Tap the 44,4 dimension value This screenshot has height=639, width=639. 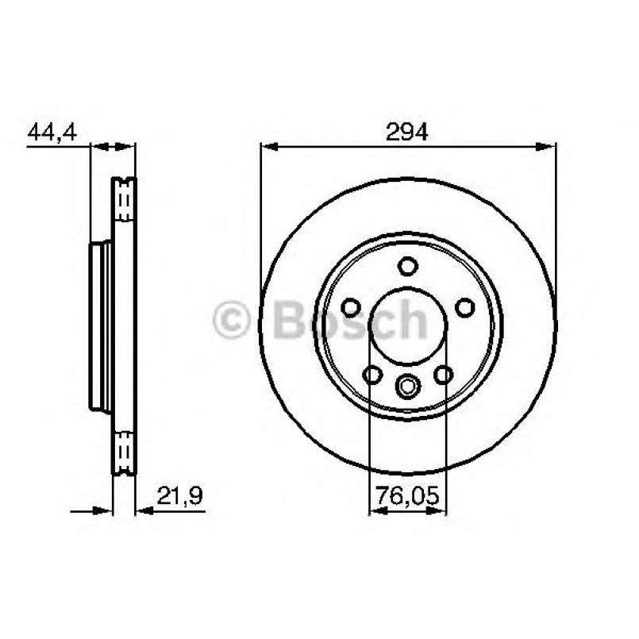[52, 132]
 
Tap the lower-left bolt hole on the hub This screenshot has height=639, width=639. [371, 374]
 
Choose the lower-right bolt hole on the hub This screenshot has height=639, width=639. [445, 374]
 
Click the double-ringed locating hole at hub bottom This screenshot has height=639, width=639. [408, 387]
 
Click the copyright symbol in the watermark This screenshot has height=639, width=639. [233, 321]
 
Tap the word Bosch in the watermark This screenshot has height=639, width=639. [349, 320]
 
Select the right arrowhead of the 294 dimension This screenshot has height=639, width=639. [547, 146]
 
